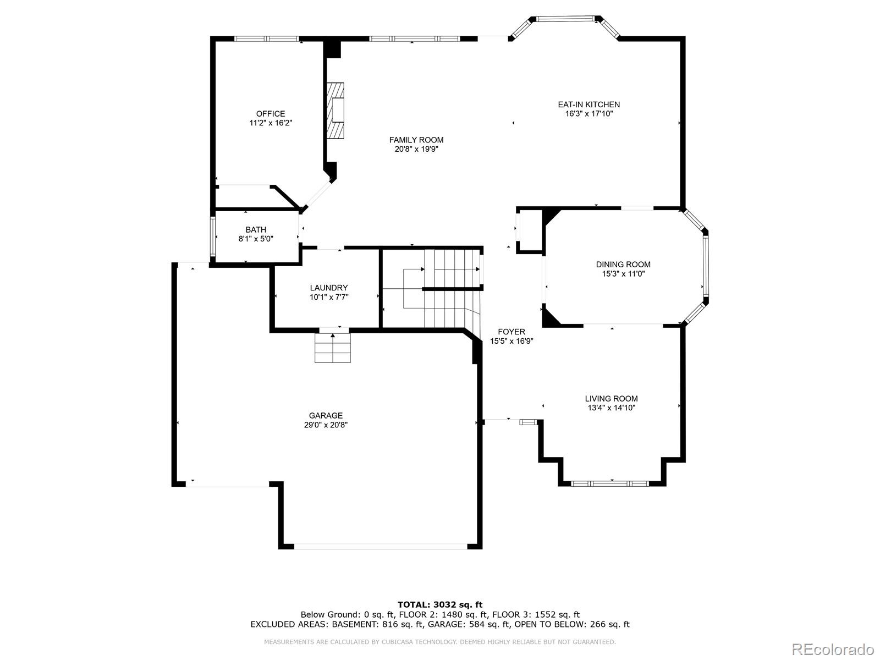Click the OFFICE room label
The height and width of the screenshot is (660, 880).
270,114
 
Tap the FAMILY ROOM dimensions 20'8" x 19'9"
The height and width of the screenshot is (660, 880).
416,149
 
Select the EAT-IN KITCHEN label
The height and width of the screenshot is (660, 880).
588,105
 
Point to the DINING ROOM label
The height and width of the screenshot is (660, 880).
623,265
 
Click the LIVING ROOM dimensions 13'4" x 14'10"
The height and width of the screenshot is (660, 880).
611,408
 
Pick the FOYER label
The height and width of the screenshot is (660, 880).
511,332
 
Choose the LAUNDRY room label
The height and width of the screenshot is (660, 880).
328,288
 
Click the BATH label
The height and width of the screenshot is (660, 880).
256,230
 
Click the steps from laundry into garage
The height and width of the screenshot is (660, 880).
332,348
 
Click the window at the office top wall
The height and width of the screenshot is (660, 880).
266,39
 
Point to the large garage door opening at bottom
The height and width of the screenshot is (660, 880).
380,546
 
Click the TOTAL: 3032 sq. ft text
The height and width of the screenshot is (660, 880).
440,605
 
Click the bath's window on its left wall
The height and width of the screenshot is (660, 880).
212,237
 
